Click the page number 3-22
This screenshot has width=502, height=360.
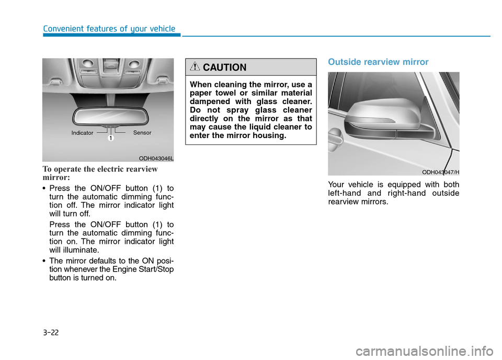[x=51, y=332]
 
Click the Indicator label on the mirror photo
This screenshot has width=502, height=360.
[x=82, y=133]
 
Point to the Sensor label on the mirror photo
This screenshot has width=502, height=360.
[x=142, y=133]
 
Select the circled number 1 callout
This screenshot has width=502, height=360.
[x=111, y=138]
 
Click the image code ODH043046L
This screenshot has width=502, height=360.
[x=156, y=157]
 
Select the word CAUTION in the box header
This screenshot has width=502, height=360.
[x=224, y=67]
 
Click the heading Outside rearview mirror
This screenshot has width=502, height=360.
[x=378, y=62]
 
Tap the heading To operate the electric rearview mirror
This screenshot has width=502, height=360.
[x=100, y=173]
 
